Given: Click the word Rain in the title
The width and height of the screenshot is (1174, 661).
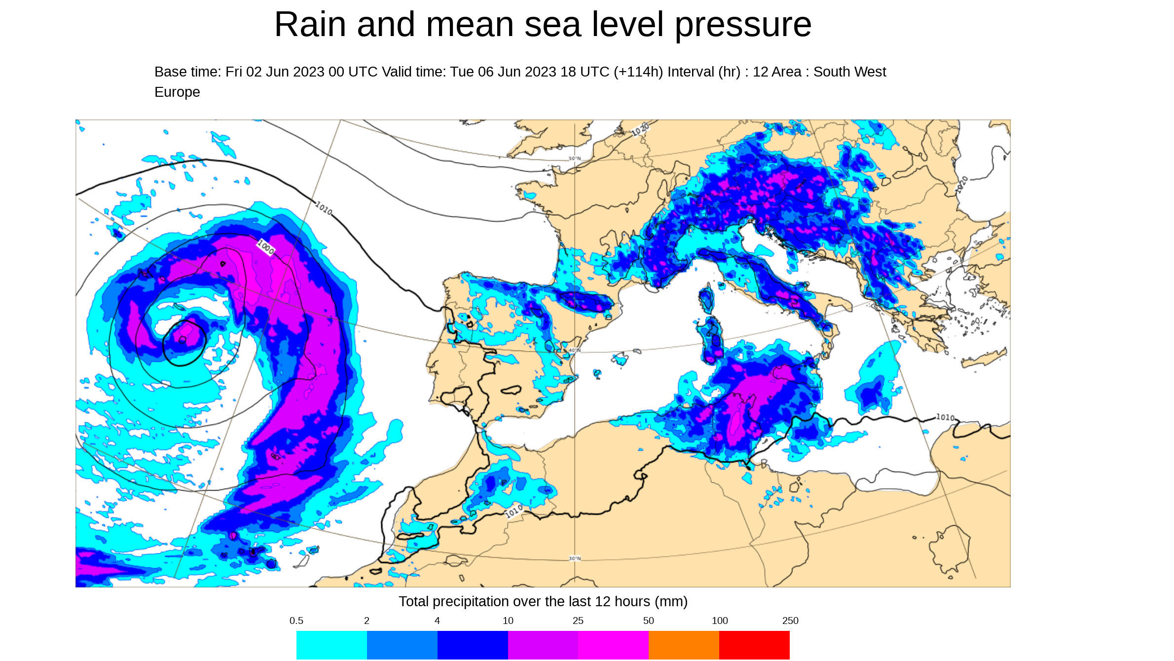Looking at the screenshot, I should click(310, 25).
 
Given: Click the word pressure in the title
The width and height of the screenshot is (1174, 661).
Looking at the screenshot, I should click(743, 25).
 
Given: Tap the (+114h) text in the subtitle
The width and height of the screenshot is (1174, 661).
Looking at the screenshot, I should click(638, 72).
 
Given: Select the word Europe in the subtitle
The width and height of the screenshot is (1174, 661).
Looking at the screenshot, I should click(177, 92).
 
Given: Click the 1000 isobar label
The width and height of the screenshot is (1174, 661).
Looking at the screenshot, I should click(266, 247).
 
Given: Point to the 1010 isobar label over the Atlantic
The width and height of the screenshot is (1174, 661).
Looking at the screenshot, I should click(324, 208).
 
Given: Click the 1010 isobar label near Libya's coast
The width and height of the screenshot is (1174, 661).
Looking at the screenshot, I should click(945, 418).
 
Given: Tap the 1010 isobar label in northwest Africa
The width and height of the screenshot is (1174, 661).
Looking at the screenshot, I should click(514, 511).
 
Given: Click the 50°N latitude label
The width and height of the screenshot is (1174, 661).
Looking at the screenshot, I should click(575, 158).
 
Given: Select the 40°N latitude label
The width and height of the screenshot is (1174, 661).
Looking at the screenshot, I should click(575, 350).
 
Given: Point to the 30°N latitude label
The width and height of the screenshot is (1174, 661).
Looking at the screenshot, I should click(575, 559).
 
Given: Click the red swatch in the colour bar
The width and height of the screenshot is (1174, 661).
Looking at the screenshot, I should click(754, 645).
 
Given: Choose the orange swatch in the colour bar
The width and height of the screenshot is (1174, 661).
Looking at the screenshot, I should click(684, 645).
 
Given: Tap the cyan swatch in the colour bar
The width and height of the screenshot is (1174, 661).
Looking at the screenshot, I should click(331, 645).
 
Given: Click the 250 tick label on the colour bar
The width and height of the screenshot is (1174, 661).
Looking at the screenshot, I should click(790, 621).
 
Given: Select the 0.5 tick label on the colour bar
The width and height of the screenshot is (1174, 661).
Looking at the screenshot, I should click(296, 621).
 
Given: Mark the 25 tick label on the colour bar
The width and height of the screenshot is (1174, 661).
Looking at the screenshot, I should click(578, 621).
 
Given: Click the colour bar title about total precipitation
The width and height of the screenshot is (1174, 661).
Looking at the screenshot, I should click(543, 602).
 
